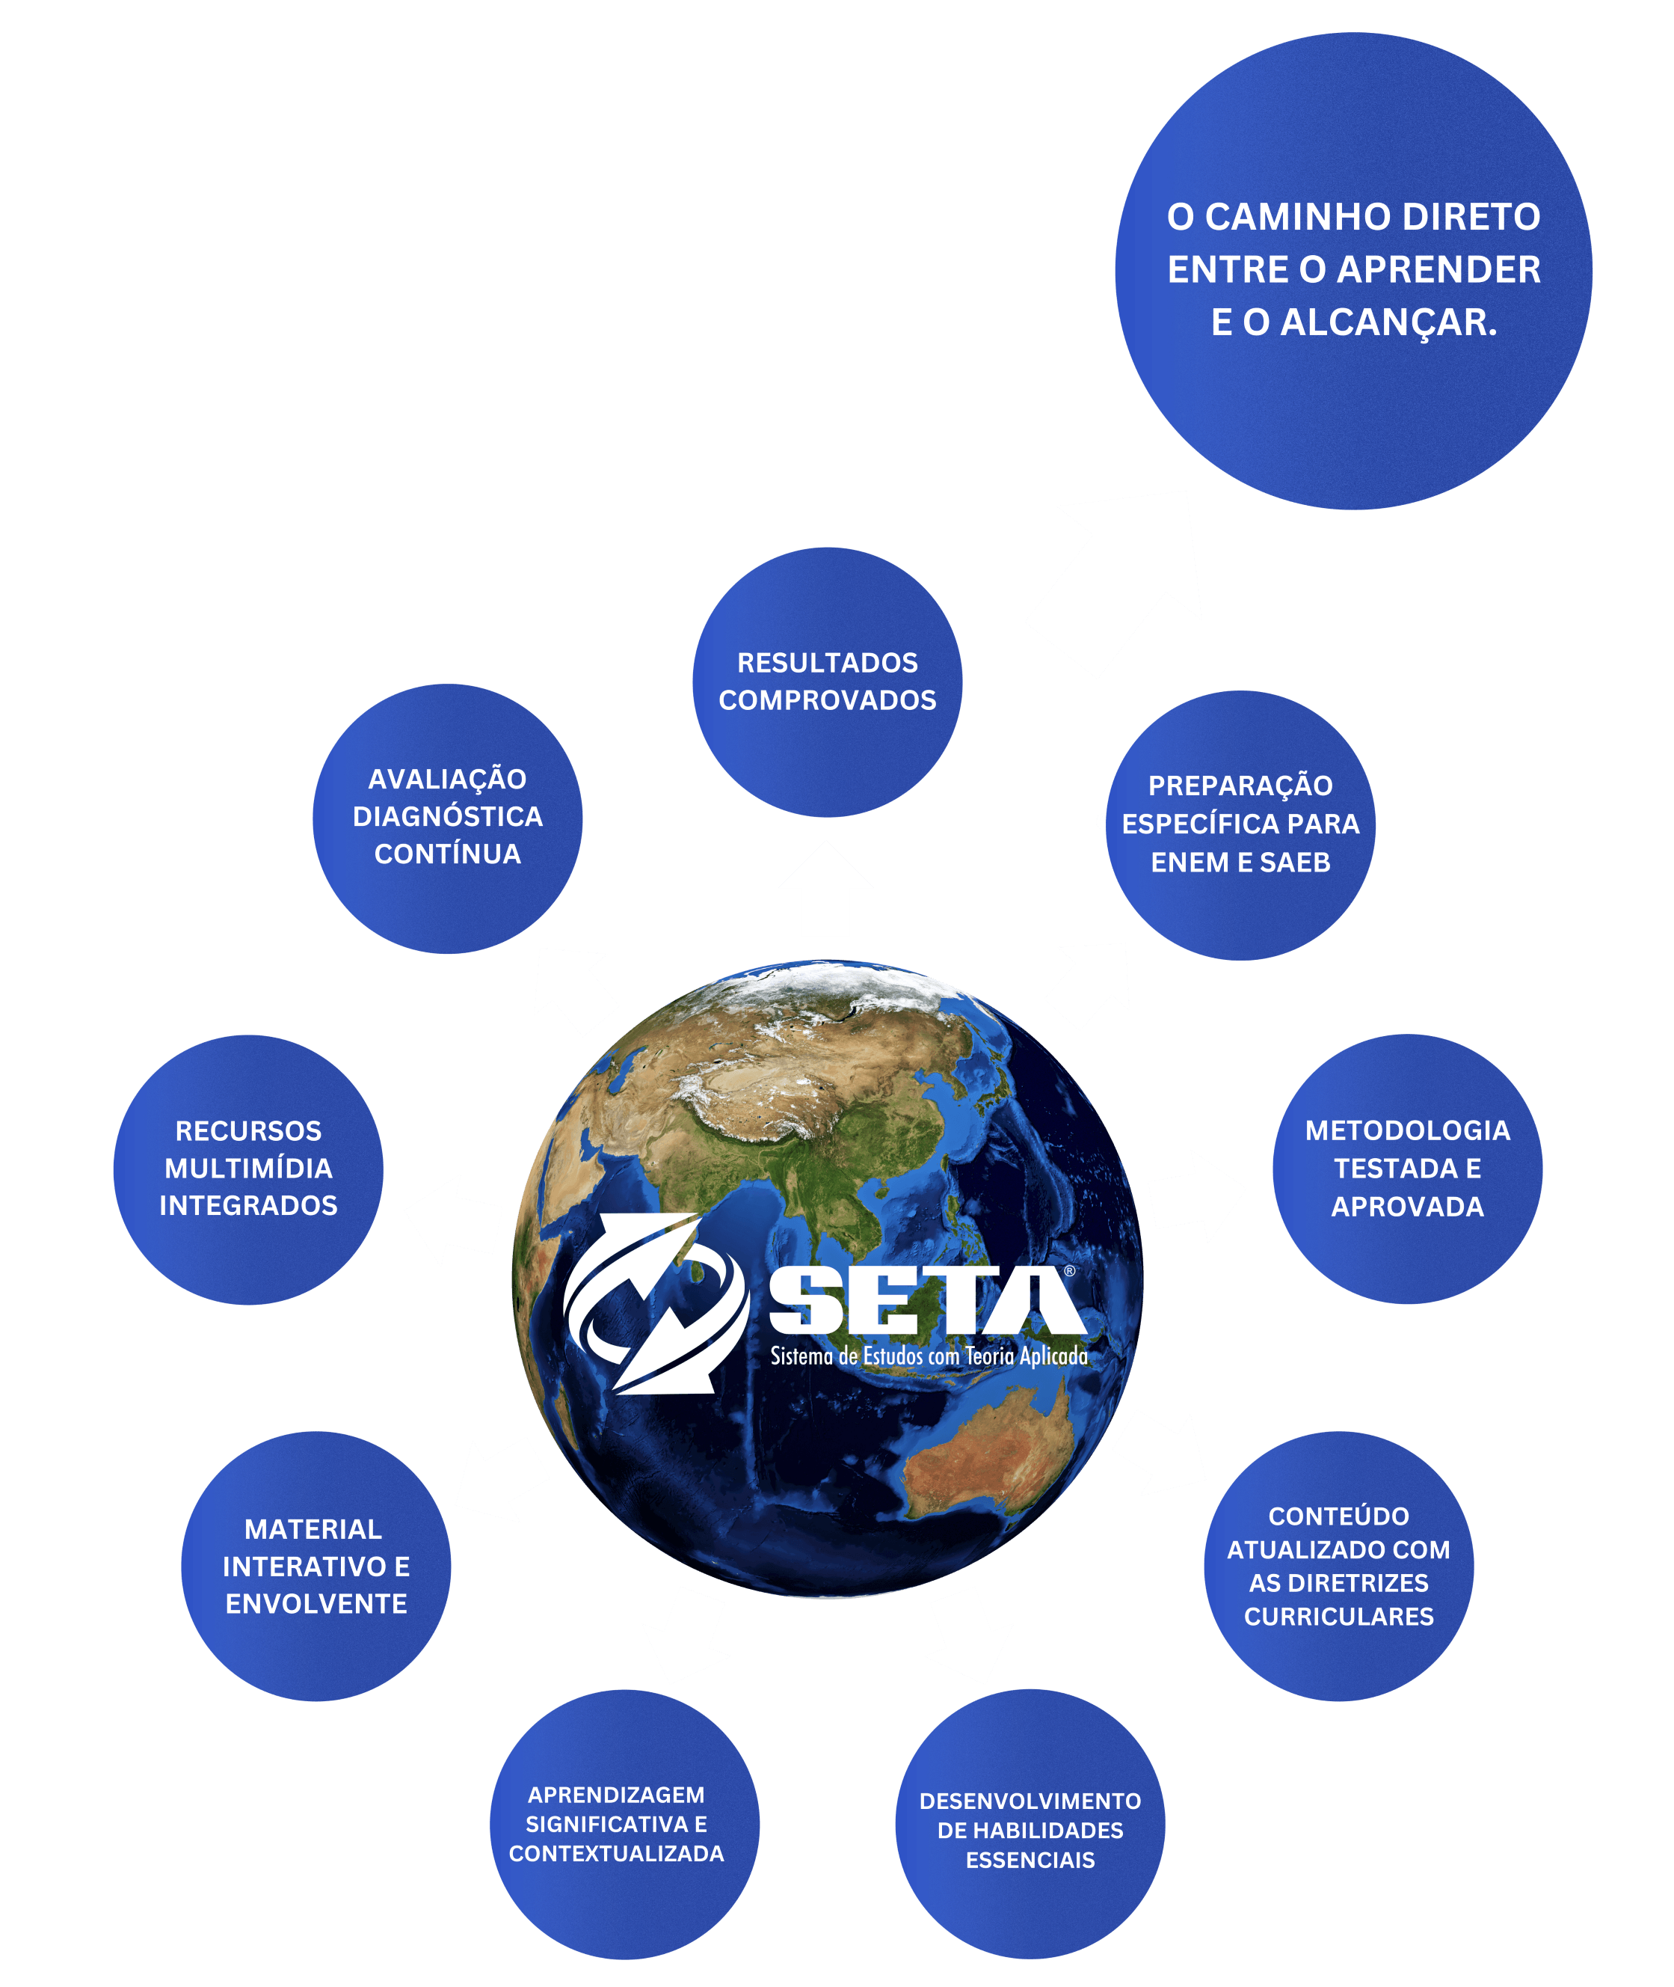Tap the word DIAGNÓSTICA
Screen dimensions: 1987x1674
448,816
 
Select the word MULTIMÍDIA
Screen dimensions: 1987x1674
249,1168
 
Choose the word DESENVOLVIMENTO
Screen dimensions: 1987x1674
1030,1801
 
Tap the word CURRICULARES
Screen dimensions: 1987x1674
1338,1616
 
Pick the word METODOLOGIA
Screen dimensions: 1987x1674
1407,1130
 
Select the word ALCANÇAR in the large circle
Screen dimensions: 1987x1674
1388,322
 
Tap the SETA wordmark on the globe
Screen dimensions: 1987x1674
926,1301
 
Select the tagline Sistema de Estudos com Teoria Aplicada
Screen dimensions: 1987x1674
928,1356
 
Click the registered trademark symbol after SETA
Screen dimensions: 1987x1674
1069,1270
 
